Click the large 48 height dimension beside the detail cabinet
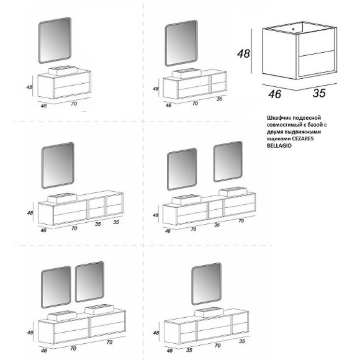point(243,53)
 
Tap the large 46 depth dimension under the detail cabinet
point(274,94)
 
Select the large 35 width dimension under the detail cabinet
point(319,93)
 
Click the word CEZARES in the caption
point(303,138)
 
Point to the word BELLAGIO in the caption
point(279,146)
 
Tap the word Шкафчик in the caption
point(279,118)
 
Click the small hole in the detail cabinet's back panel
point(293,29)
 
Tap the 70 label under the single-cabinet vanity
point(74,104)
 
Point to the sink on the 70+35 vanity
point(187,73)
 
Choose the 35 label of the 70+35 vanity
point(220,99)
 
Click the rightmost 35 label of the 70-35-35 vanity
point(116,222)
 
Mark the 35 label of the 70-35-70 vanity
point(217,225)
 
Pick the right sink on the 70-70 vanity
point(99,309)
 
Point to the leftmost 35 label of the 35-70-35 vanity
point(189,350)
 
